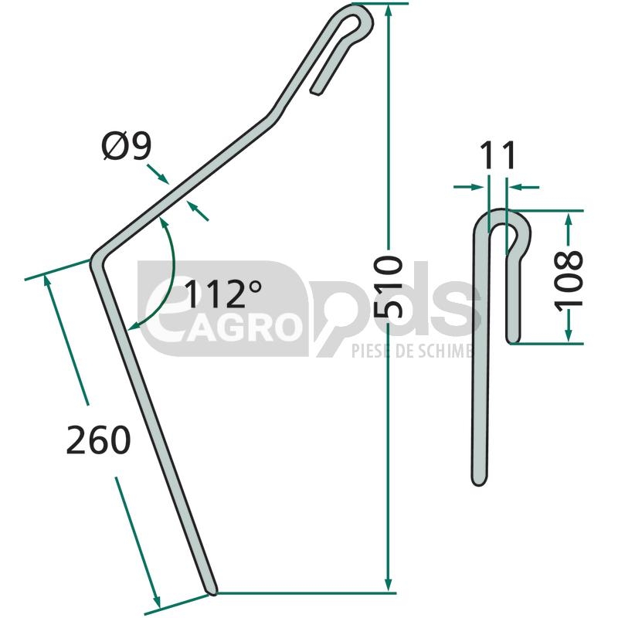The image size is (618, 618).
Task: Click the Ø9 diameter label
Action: point(127,147)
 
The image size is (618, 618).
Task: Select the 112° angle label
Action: point(222,294)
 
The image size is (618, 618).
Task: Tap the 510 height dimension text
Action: point(389,280)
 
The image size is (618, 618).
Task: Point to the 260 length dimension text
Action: point(99,440)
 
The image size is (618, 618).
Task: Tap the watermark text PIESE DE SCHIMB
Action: point(412,351)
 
